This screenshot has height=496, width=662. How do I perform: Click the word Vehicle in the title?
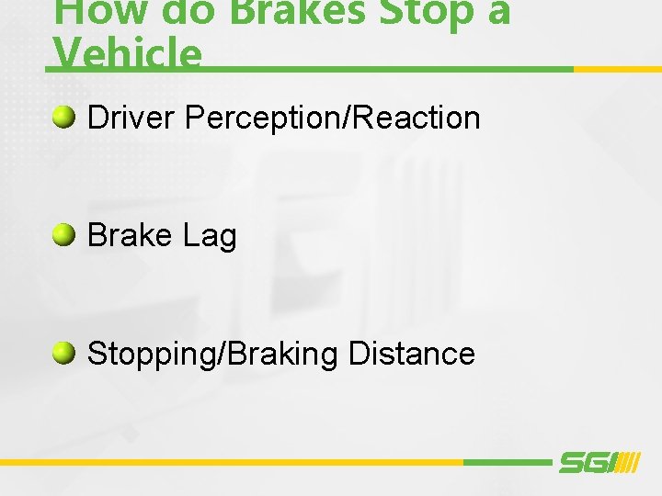tap(128, 53)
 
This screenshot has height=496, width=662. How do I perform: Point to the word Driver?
tap(131, 118)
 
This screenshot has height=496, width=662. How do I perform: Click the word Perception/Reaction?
tap(332, 118)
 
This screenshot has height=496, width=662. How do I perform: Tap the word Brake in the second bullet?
tap(130, 236)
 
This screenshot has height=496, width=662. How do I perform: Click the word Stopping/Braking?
tap(212, 354)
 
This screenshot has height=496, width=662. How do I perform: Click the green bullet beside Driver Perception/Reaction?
tap(64, 117)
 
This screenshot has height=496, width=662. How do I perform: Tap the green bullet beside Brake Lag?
tap(64, 235)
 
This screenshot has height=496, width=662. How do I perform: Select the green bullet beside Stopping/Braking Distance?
tap(64, 353)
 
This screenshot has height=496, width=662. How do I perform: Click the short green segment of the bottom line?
tap(506, 462)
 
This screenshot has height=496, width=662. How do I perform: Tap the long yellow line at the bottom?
tap(230, 462)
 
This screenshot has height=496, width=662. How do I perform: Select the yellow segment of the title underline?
tap(617, 69)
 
